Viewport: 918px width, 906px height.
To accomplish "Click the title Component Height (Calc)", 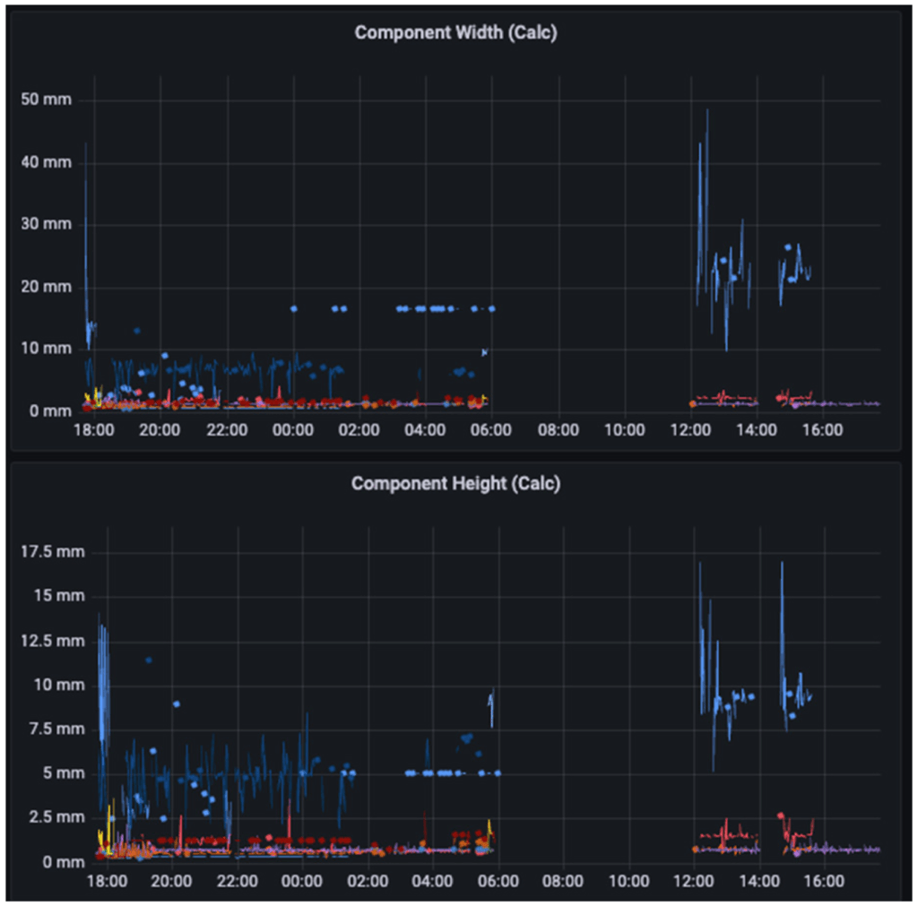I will [x=455, y=484].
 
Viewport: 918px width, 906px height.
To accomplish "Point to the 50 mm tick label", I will [x=46, y=99].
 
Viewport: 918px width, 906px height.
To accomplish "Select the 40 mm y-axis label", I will [x=46, y=162].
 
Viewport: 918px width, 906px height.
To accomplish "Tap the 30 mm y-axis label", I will [x=46, y=224].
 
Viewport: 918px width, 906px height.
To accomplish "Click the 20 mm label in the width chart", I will [x=46, y=287].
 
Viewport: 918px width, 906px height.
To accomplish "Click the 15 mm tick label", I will [x=57, y=596].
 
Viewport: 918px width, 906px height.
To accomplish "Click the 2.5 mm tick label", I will [x=54, y=817].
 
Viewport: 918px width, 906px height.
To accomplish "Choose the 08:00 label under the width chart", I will [x=558, y=430].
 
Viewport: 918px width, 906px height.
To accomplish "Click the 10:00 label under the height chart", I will [x=628, y=881].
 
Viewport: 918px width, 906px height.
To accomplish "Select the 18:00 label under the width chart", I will [x=93, y=430].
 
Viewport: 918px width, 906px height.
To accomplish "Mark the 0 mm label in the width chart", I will [x=49, y=411].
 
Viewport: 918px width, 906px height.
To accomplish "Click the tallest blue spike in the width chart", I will [x=706, y=110].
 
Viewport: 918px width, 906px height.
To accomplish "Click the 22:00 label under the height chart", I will [x=238, y=881].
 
